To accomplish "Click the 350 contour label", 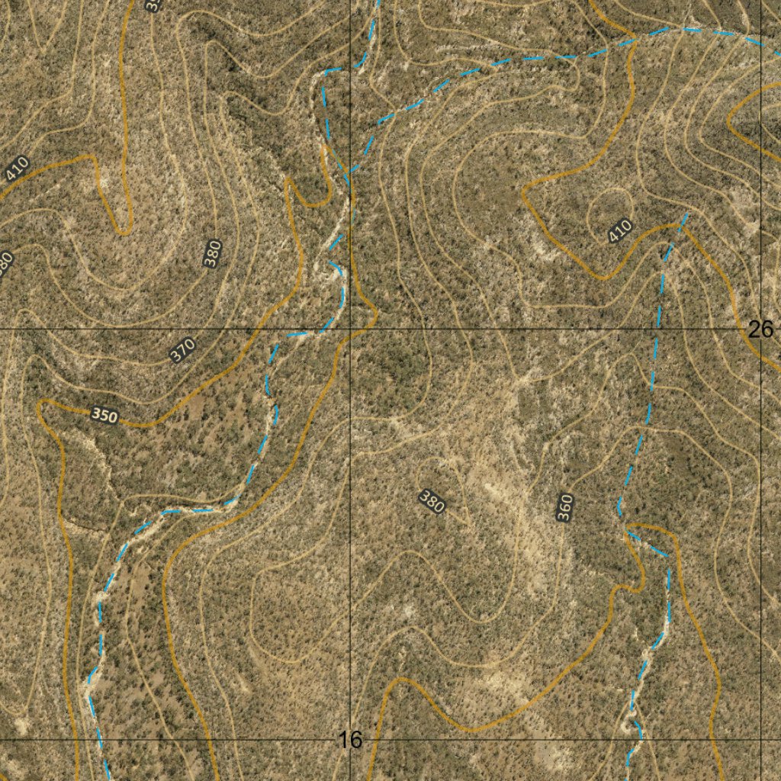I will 104,416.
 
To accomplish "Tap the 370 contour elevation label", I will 183,350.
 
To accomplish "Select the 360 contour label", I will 564,508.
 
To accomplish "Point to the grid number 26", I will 760,329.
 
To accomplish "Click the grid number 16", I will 350,739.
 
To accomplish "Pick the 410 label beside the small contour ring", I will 621,230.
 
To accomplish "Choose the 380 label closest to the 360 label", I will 432,503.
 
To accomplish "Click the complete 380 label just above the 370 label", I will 213,253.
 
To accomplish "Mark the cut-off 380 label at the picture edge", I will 5,264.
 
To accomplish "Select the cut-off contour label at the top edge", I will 153,5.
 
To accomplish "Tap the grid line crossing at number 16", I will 350,739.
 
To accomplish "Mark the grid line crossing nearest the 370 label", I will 350,329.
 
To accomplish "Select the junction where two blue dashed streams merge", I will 349,175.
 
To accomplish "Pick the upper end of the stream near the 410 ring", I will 686,215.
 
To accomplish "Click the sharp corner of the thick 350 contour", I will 40,403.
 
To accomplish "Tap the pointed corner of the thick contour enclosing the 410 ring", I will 523,192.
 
